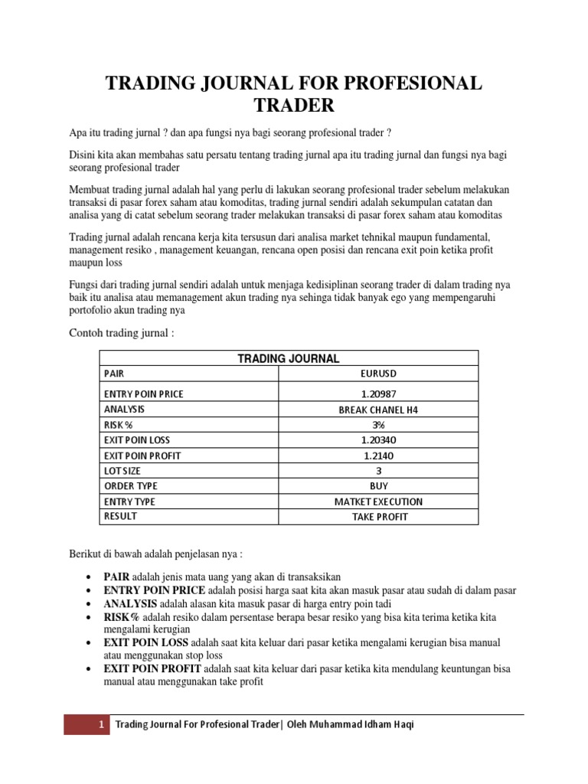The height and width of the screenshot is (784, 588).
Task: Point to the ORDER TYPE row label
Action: pyautogui.click(x=129, y=486)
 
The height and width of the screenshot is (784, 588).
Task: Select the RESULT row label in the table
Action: pyautogui.click(x=120, y=517)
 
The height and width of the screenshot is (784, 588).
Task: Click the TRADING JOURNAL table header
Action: pyautogui.click(x=288, y=358)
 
